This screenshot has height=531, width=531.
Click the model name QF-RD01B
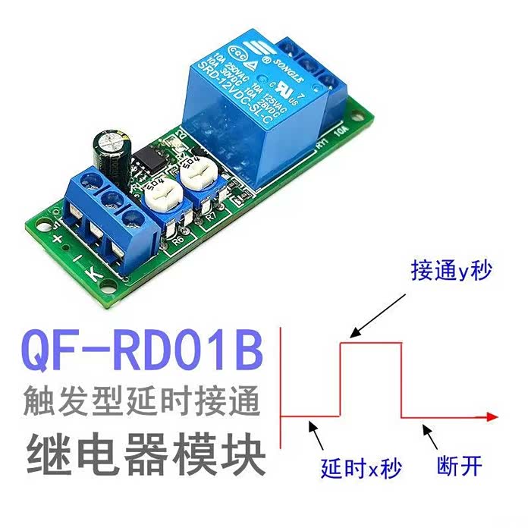point(143,348)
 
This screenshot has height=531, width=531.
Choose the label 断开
point(460,465)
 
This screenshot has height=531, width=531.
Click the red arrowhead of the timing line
point(491,416)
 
